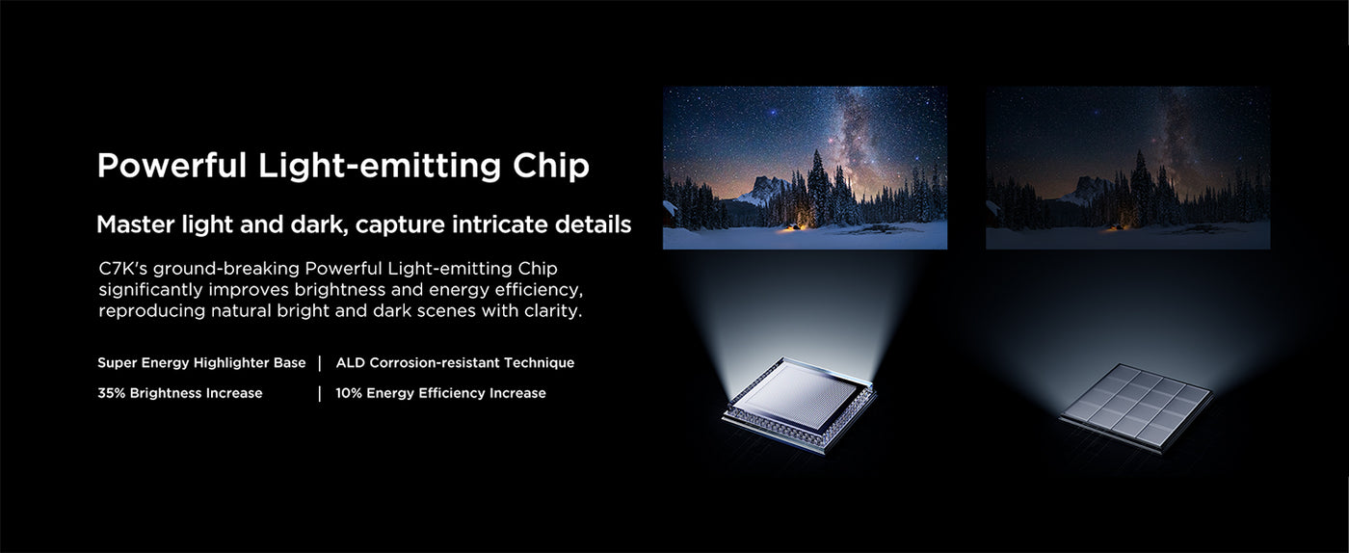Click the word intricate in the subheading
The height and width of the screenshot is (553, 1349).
click(499, 224)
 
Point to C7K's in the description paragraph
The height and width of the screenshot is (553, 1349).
click(122, 268)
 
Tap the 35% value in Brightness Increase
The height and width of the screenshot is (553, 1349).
click(111, 393)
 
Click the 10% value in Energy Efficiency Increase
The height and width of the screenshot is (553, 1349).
click(348, 393)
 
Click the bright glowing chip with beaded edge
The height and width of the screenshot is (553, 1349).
click(799, 404)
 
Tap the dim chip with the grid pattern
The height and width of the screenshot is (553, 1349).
click(1136, 407)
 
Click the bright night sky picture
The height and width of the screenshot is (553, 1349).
click(806, 168)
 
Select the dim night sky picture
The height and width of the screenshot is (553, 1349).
click(1128, 168)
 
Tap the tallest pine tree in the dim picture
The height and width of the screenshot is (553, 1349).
click(1140, 187)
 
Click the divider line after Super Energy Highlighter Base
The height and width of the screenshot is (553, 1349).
click(320, 362)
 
